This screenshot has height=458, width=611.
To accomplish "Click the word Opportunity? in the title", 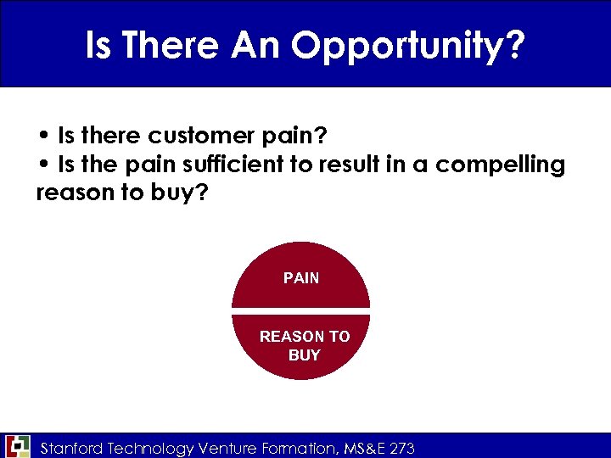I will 406,46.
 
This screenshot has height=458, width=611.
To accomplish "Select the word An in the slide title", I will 255,46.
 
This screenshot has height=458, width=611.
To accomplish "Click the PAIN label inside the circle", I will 301,278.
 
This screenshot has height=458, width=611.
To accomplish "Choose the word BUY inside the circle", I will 304,355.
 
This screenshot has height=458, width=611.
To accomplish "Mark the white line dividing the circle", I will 301,309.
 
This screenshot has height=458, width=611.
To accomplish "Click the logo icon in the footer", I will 17,446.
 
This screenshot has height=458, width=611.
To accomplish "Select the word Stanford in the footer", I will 74,447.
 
